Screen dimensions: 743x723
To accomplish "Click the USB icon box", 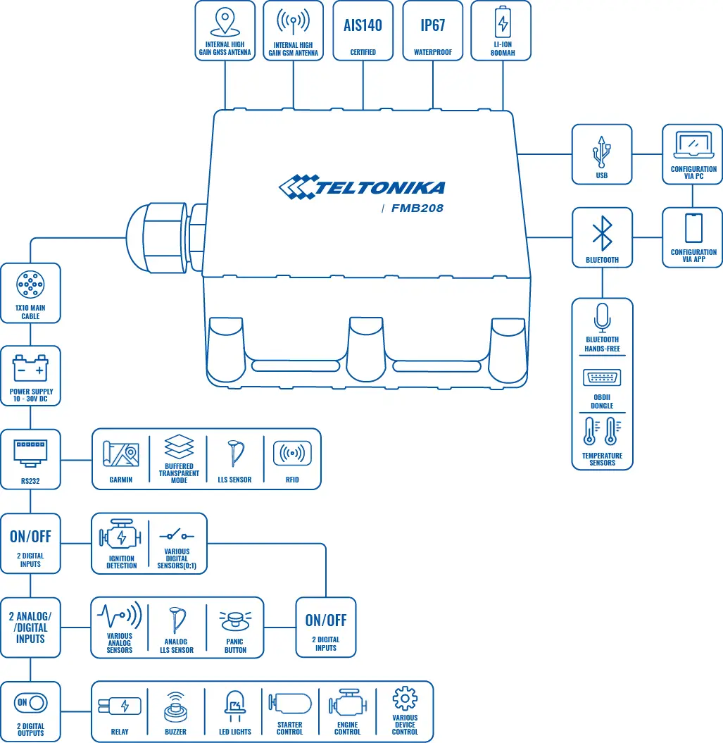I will point(602,154).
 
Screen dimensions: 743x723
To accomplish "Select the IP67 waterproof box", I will point(433,30).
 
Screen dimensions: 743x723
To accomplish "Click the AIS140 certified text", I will point(363,26).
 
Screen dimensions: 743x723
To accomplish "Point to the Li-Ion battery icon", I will point(503,23).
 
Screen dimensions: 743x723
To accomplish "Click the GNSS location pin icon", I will point(224,22).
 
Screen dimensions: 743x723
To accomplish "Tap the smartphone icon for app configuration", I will point(693,228).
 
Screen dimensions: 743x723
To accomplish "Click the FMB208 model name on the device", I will point(417,208).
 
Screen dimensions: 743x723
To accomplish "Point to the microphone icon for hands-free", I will point(602,318).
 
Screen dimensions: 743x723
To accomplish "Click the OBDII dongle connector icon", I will point(602,378).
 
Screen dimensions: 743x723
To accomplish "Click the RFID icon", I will point(292,454).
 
